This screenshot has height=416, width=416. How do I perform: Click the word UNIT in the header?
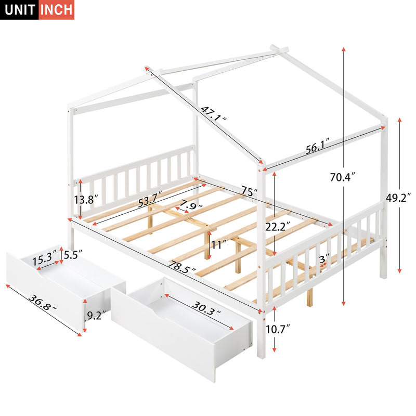[x=19, y=10]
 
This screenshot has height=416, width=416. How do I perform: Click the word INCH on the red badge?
[x=56, y=10]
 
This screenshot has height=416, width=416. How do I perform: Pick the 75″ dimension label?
[x=249, y=191]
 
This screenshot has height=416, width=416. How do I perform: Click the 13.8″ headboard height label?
[x=86, y=200]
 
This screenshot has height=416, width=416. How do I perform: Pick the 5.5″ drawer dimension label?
[x=71, y=255]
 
